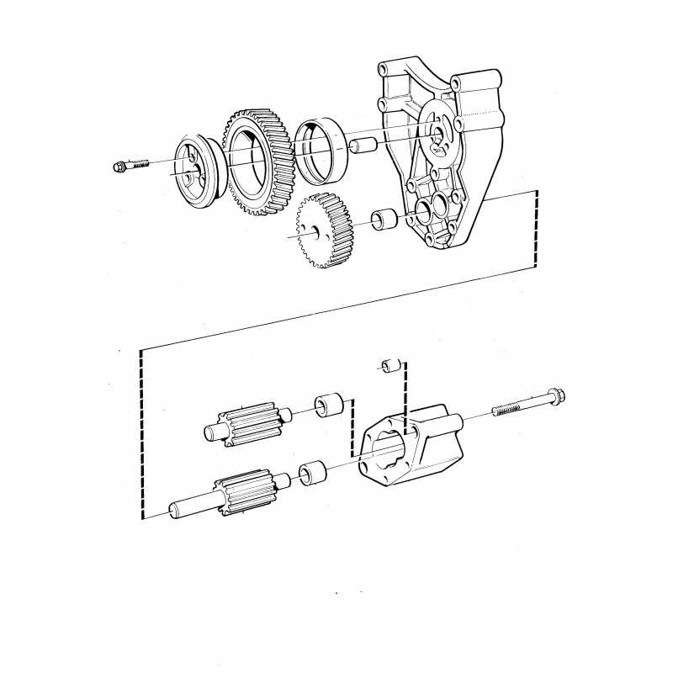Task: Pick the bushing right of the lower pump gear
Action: (312, 474)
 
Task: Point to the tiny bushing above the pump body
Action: (389, 365)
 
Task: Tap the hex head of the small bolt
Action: (119, 166)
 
